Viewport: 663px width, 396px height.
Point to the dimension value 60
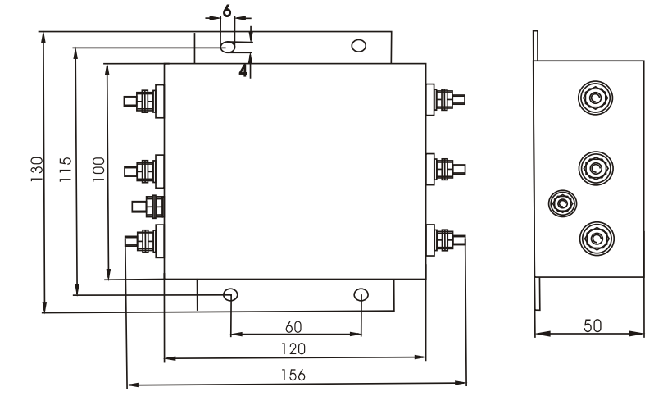(x=296, y=326)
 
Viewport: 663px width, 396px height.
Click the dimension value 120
(x=296, y=349)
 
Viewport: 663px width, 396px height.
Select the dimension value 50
(x=590, y=325)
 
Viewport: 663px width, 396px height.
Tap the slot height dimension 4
(x=243, y=71)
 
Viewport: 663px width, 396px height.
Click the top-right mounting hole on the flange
(x=358, y=45)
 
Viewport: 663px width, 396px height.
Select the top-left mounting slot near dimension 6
(x=229, y=47)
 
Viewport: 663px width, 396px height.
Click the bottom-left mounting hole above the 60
(x=231, y=294)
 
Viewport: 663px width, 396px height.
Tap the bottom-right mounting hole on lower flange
(x=361, y=294)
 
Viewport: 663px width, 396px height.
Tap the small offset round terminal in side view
(x=561, y=202)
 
